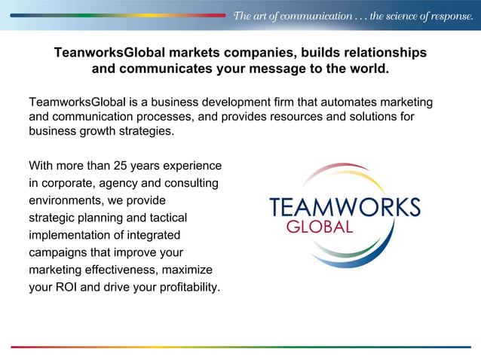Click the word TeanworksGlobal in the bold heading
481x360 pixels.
(109, 53)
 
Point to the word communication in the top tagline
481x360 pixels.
(315, 16)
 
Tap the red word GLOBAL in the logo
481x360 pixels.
(319, 227)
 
